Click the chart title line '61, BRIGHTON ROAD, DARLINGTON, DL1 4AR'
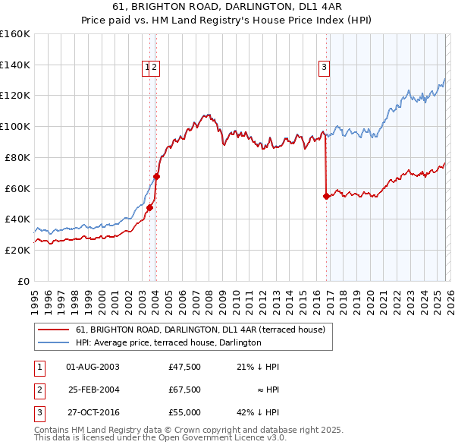pyautogui.click(x=227, y=7)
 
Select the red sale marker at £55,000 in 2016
pyautogui.click(x=326, y=196)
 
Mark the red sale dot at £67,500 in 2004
pyautogui.click(x=157, y=176)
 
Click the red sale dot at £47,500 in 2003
pyautogui.click(x=150, y=207)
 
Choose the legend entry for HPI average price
pyautogui.click(x=168, y=342)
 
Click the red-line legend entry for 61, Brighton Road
pyautogui.click(x=200, y=330)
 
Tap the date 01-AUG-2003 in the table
pyautogui.click(x=93, y=367)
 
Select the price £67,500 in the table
pyautogui.click(x=184, y=390)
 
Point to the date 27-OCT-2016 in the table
pyautogui.click(x=93, y=412)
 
